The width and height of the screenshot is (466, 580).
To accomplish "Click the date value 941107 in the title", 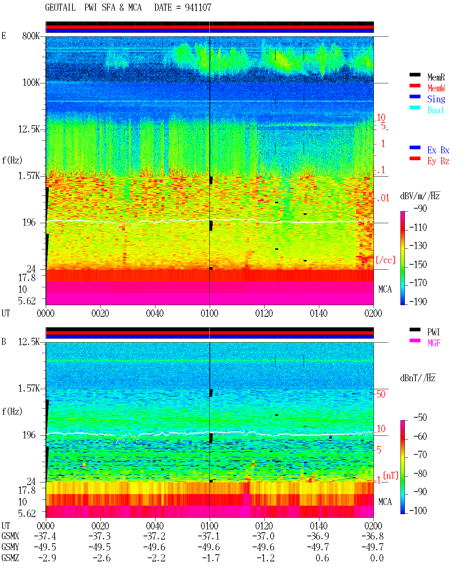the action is tap(198, 8).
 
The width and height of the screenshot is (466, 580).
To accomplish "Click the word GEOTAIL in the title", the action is tap(60, 8).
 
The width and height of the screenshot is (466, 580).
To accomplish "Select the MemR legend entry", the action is tap(436, 77).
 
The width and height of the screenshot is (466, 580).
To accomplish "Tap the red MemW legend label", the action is tap(436, 88).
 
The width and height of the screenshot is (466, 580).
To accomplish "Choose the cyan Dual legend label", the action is tap(435, 110).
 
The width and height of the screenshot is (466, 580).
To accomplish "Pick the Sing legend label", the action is tap(436, 99).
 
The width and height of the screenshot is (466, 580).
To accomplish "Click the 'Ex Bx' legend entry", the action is tap(438, 150).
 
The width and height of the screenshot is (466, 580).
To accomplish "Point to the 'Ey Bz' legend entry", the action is tap(438, 161).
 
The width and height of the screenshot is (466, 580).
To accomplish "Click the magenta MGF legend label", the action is tap(434, 343).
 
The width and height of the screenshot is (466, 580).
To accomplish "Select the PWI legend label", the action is tap(434, 332).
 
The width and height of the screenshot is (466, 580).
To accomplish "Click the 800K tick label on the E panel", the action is tap(31, 36).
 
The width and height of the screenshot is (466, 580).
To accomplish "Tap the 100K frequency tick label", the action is tap(31, 83).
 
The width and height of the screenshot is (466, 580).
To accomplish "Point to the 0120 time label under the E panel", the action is tap(264, 313).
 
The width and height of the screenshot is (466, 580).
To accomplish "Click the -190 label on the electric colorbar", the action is tap(418, 301).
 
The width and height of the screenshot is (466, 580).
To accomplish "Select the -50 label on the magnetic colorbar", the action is tap(420, 418).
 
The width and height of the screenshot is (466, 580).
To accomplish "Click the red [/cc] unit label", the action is tap(386, 260).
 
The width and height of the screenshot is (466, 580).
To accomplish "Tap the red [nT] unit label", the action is tap(391, 476).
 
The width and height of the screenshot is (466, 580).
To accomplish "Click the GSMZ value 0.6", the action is tap(322, 558).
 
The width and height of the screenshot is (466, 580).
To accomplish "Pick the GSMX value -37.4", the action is tap(45, 536).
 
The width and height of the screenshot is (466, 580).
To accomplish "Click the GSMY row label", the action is tap(10, 547).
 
